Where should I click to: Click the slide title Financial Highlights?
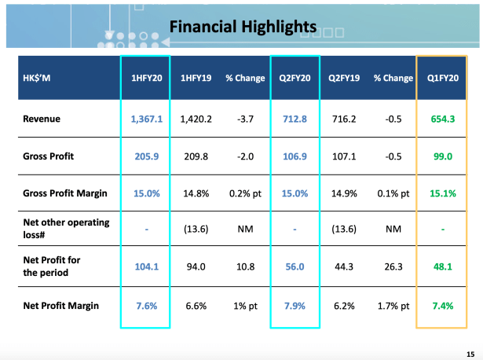[243, 27]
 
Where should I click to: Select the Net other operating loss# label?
[65, 230]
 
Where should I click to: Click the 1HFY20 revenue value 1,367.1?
[145, 119]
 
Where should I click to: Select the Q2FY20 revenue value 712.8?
[295, 119]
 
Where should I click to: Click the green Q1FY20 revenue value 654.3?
[443, 119]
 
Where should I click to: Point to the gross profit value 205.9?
[145, 156]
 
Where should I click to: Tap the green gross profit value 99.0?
[443, 156]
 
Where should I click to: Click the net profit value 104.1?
[145, 267]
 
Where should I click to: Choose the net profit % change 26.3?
[393, 267]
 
